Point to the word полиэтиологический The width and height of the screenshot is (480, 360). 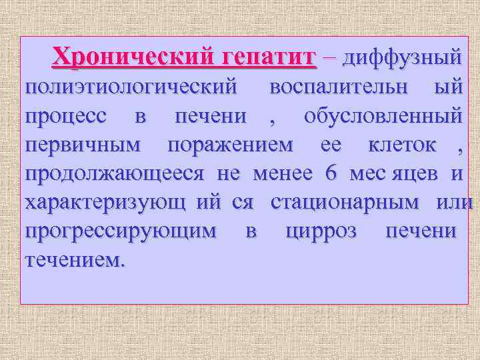pyautogui.click(x=131, y=87)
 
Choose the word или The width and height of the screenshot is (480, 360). pyautogui.click(x=454, y=202)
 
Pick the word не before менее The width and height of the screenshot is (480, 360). pyautogui.click(x=229, y=174)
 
